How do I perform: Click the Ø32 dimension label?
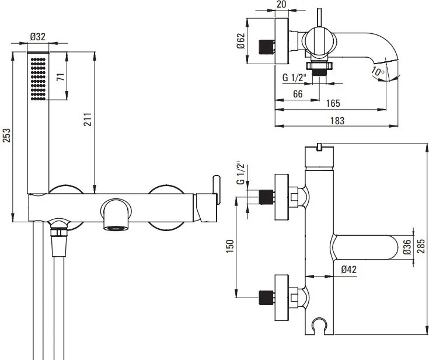(38, 37)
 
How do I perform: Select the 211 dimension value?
(88, 120)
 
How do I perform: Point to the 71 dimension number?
(61, 76)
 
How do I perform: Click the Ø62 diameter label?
(240, 41)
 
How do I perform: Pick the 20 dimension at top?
(281, 4)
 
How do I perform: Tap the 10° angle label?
(378, 71)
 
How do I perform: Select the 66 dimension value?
(298, 94)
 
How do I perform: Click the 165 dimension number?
(333, 103)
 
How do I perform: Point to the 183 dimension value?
(337, 121)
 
